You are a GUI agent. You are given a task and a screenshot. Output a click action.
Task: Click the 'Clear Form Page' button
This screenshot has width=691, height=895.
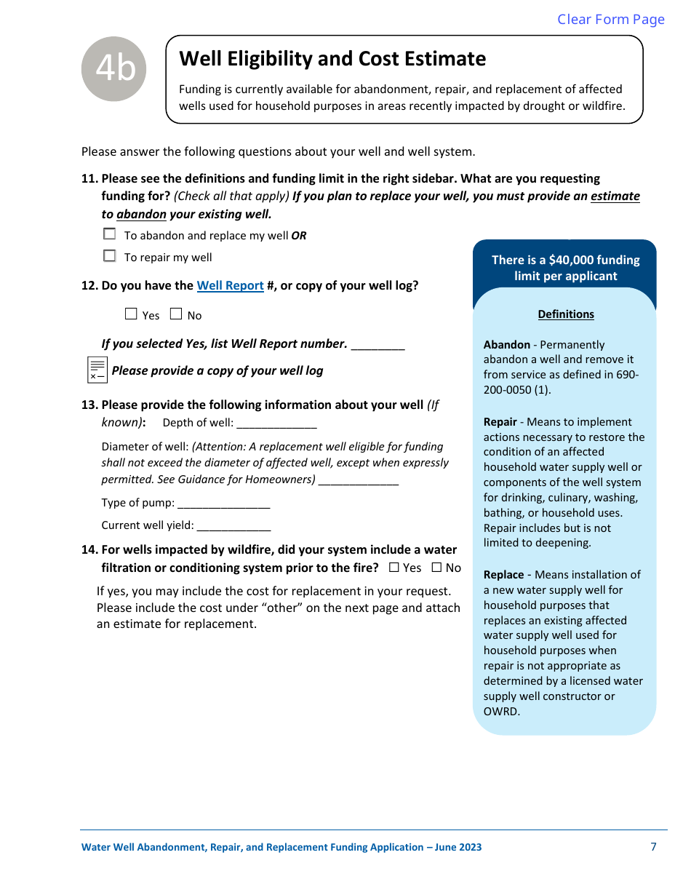click(610, 20)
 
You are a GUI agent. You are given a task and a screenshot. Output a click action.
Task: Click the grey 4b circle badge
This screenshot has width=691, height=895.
click(114, 69)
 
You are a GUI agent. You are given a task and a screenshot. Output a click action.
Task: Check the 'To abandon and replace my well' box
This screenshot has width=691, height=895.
click(110, 234)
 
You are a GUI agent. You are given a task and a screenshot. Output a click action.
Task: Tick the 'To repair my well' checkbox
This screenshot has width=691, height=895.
click(110, 256)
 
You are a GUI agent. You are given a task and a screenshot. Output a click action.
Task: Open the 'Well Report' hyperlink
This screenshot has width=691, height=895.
click(230, 285)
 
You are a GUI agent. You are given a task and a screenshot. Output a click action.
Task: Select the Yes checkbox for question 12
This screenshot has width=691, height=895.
click(131, 314)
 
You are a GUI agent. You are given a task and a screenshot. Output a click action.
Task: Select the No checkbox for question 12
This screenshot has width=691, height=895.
click(176, 314)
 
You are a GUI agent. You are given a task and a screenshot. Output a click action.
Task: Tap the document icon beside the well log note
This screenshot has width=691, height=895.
click(97, 370)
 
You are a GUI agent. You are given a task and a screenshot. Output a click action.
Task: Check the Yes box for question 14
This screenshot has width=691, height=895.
click(394, 568)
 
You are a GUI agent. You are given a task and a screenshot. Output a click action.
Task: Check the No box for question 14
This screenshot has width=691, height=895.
click(437, 568)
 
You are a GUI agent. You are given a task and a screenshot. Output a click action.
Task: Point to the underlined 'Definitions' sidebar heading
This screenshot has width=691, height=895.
click(566, 314)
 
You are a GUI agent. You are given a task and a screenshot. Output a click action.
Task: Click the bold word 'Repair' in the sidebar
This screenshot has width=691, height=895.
click(500, 422)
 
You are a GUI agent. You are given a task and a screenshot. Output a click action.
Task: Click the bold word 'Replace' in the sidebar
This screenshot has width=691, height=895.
click(503, 575)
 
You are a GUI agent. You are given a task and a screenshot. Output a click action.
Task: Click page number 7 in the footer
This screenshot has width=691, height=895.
click(653, 846)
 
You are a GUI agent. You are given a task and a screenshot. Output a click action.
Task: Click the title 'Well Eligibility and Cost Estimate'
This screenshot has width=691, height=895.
click(332, 59)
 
